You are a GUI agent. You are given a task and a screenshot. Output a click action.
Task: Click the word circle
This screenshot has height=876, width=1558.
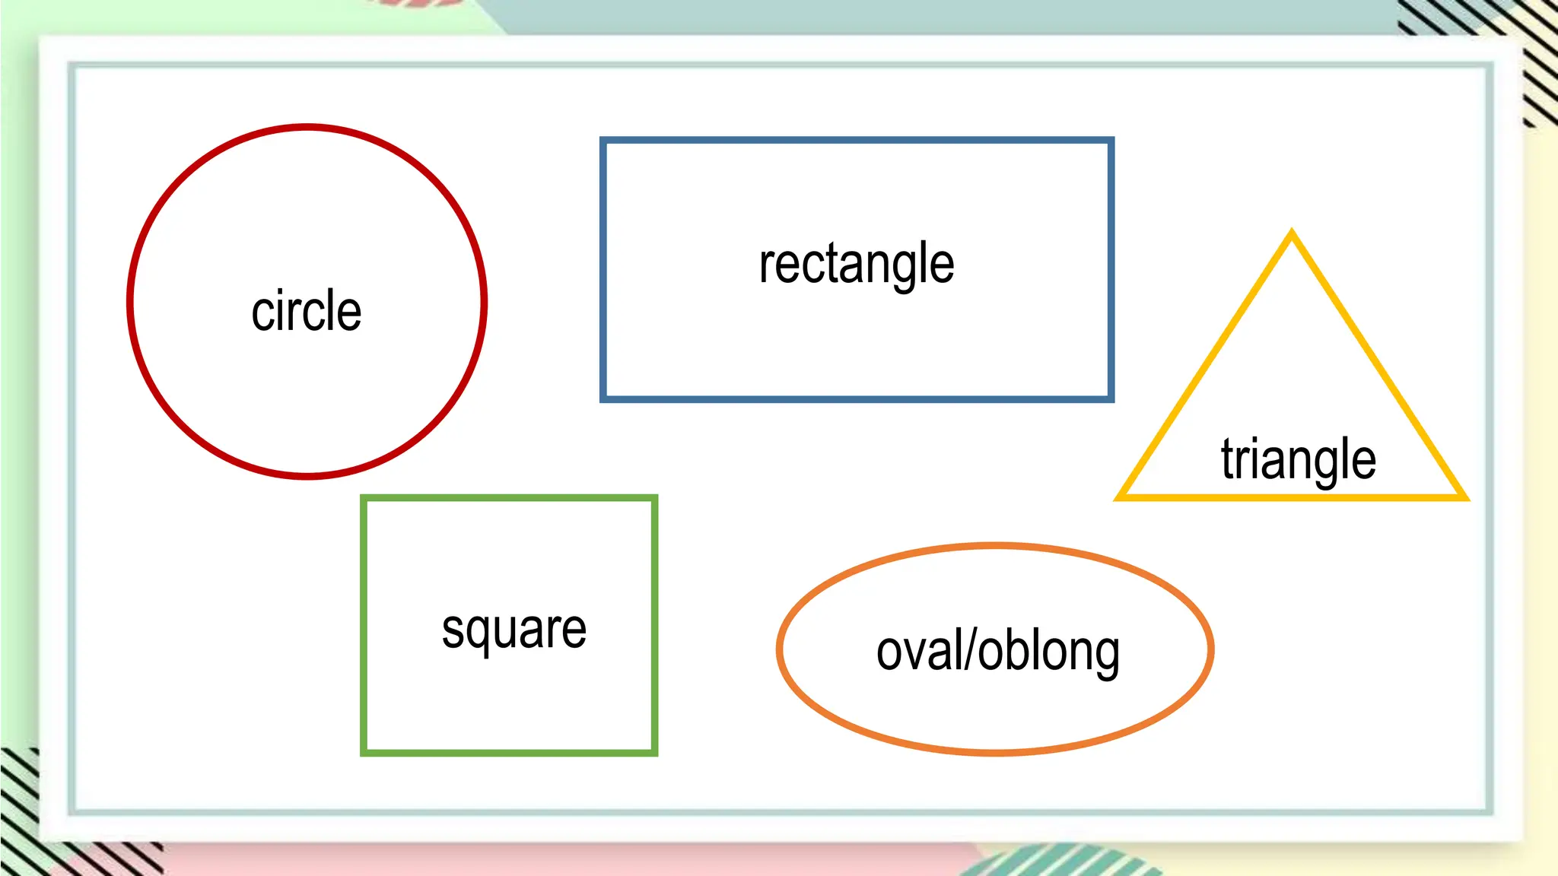point(306,311)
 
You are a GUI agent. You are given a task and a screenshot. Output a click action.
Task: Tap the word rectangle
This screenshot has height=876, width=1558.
point(857,264)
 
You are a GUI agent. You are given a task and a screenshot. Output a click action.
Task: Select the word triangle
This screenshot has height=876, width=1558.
point(1299,459)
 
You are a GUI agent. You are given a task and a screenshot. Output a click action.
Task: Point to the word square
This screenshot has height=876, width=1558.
point(514,630)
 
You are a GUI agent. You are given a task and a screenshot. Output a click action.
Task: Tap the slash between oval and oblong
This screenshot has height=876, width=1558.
point(970,651)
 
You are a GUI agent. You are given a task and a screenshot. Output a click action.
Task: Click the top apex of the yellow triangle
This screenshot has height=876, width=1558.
point(1292,233)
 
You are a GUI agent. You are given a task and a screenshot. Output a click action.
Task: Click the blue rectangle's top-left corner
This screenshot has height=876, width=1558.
point(603,141)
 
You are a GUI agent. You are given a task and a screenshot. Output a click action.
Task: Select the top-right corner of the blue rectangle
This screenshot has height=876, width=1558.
point(1111,141)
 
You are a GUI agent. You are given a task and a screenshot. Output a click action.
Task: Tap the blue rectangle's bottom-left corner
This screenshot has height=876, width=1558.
point(603,398)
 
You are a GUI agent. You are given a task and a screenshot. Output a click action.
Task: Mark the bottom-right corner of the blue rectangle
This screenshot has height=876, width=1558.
point(1111,398)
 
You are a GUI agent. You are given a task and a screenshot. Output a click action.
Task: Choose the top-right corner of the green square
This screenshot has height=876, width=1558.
point(654,499)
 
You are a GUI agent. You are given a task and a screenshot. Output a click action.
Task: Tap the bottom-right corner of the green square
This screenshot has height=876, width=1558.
point(654,753)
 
